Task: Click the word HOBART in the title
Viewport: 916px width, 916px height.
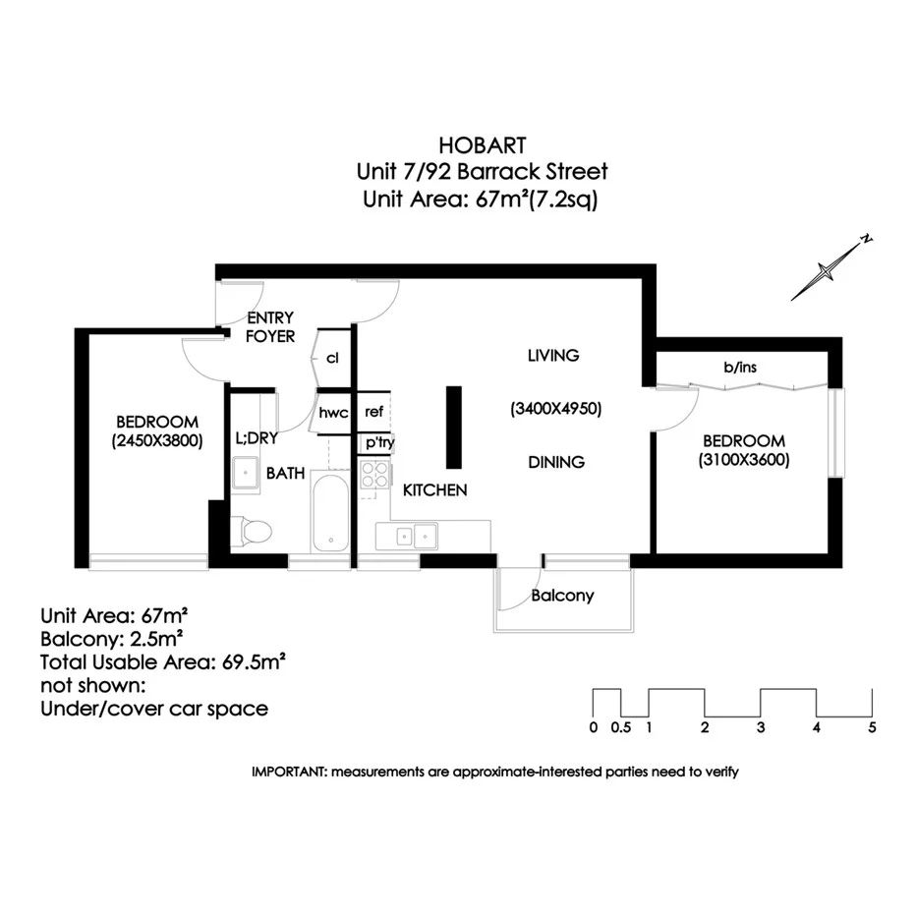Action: point(482,143)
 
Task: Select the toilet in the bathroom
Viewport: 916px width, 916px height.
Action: point(254,532)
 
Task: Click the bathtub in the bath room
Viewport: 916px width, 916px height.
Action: point(330,512)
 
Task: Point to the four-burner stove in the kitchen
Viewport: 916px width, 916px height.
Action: point(374,476)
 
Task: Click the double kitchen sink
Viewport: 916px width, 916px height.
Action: point(412,537)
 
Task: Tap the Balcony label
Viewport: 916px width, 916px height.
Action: point(562,596)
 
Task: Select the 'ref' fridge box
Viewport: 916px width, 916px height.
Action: point(373,412)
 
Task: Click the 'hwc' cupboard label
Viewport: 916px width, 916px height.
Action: point(333,413)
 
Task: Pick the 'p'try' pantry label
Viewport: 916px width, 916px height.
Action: point(379,442)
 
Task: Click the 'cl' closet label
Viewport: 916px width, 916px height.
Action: point(332,358)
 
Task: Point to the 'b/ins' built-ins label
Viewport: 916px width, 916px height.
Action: point(740,368)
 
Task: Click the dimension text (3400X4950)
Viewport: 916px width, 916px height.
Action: point(555,408)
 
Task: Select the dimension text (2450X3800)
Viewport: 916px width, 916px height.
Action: point(157,441)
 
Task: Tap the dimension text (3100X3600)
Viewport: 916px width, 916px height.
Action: point(743,460)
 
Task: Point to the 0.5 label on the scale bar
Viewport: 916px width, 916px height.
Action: point(620,728)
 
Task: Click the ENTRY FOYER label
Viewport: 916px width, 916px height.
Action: point(270,327)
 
